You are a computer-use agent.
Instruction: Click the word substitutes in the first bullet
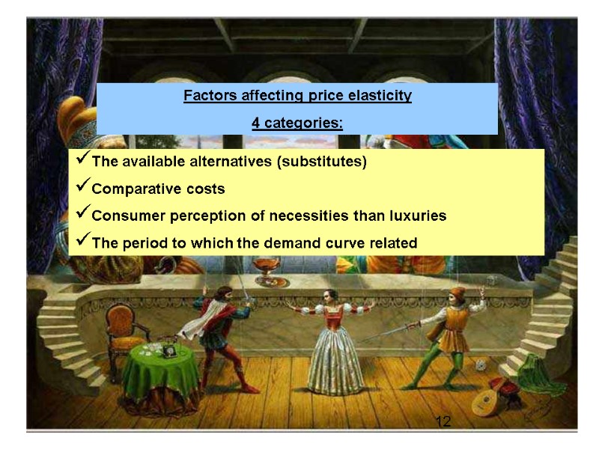(329, 162)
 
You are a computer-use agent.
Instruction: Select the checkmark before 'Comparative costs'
(82, 189)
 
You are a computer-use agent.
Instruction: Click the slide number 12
(443, 423)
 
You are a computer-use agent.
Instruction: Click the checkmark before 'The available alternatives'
(82, 161)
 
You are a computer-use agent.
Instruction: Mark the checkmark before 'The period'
(82, 242)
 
